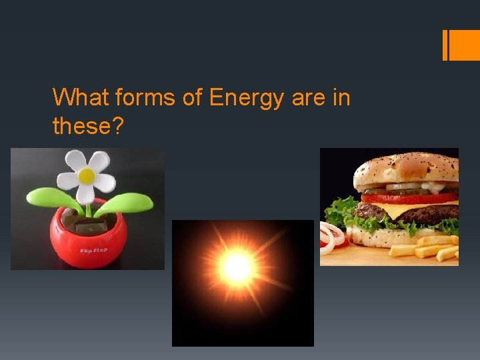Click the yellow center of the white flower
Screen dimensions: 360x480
[x=87, y=176]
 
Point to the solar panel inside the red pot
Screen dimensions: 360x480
[x=87, y=227]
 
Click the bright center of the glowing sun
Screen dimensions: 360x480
[x=237, y=268]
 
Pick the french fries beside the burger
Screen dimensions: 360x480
[x=427, y=249]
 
